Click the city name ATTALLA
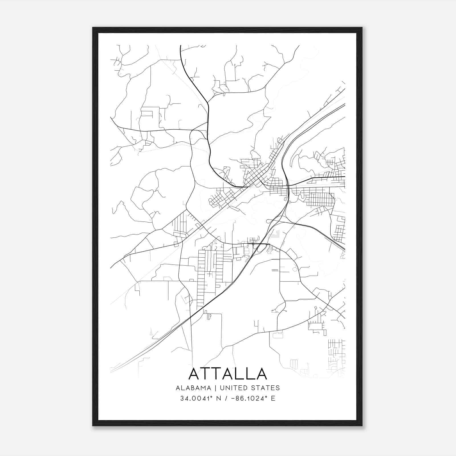(x=228, y=374)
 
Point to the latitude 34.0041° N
(x=200, y=398)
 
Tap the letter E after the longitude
(x=273, y=398)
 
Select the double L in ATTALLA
(x=244, y=374)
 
